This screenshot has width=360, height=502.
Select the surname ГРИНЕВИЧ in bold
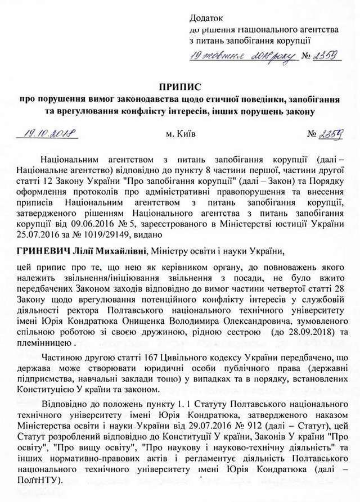tap(43, 250)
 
